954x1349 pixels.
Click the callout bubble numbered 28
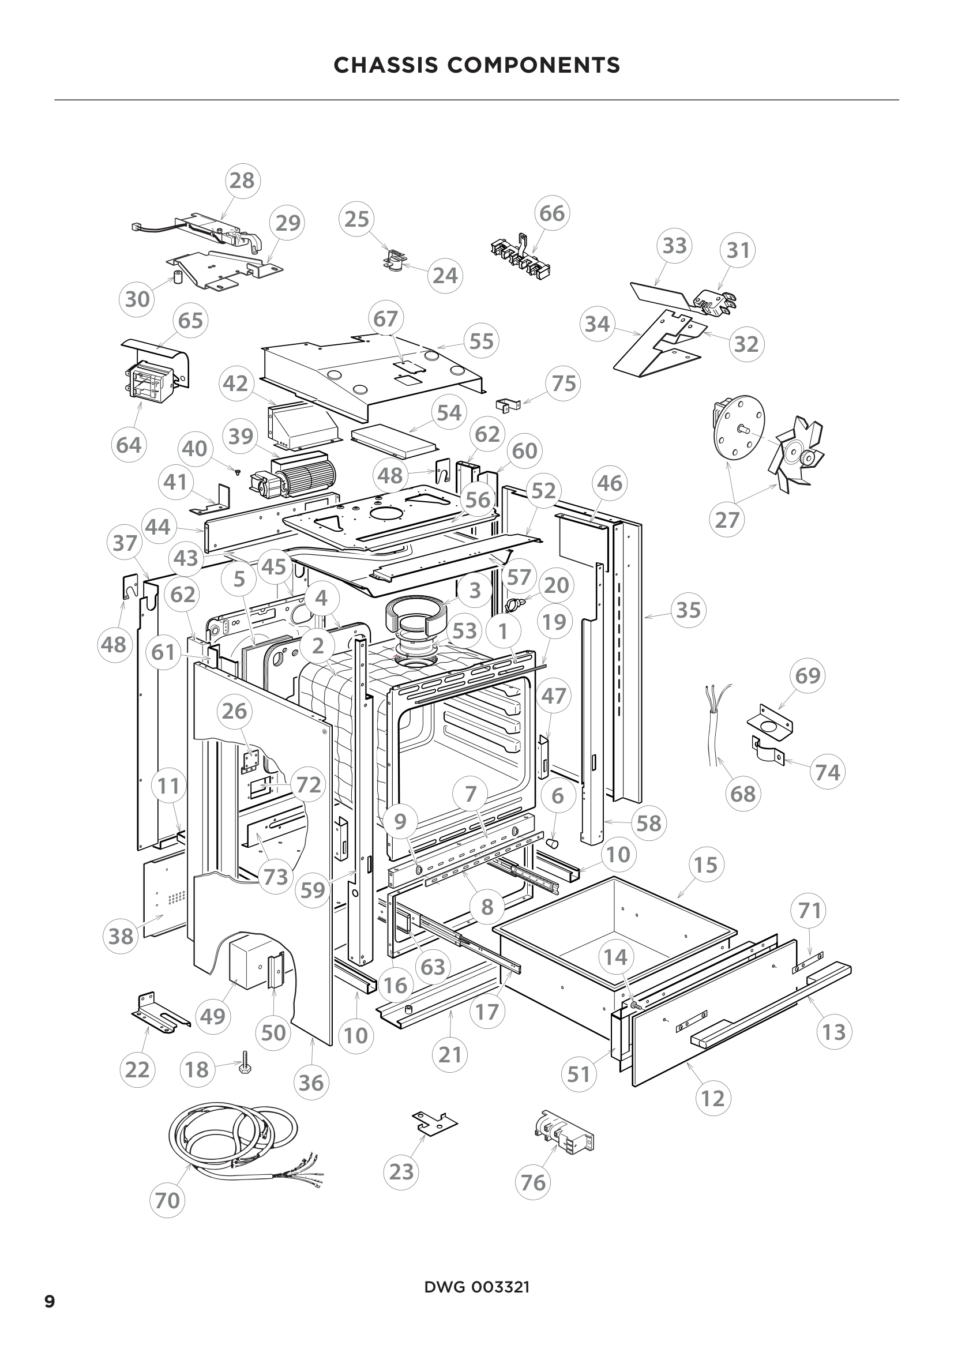[243, 181]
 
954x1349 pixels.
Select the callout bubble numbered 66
[551, 213]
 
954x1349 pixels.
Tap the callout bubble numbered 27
[727, 520]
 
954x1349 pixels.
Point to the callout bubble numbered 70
[167, 1200]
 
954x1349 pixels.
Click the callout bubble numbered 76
[533, 1182]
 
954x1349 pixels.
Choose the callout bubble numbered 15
[705, 865]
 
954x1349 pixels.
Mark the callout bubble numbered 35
[689, 610]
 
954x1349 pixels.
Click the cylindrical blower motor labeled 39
[299, 475]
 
